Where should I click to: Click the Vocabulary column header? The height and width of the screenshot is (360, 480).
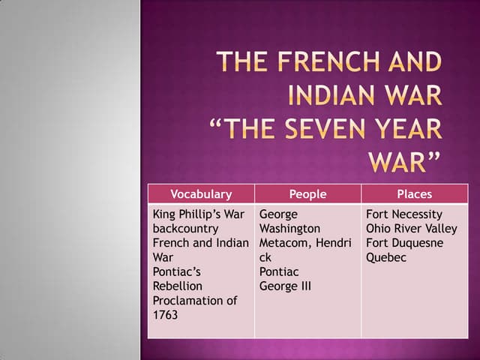pyautogui.click(x=201, y=194)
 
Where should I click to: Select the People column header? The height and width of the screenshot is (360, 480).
pyautogui.click(x=307, y=194)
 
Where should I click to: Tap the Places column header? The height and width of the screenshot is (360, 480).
pyautogui.click(x=414, y=194)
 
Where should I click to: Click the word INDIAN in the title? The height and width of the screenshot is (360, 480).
pyautogui.click(x=335, y=96)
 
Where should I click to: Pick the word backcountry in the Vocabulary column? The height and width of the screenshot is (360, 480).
pyautogui.click(x=185, y=229)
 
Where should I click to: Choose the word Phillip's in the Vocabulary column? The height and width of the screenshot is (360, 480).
pyautogui.click(x=205, y=214)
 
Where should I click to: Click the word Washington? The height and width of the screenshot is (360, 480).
pyautogui.click(x=289, y=229)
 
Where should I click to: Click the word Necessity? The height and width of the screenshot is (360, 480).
pyautogui.click(x=417, y=214)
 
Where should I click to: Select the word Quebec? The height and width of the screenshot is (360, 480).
pyautogui.click(x=386, y=257)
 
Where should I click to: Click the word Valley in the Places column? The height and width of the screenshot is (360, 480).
pyautogui.click(x=441, y=229)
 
